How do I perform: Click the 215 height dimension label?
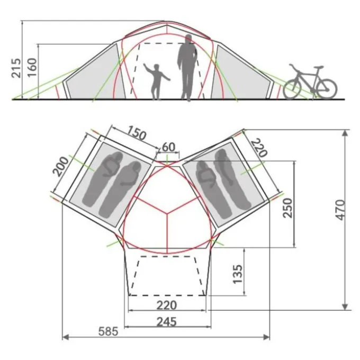coord(16,68)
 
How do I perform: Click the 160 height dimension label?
coord(32,68)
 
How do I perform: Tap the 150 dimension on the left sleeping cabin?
coord(136,133)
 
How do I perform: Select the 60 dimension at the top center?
coord(168,147)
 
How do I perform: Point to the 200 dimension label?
coord(61,167)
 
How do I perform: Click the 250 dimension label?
coord(287,208)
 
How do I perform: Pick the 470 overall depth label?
coord(340,210)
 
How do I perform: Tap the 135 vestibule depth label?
coord(237,274)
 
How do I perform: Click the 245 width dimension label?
coord(167,322)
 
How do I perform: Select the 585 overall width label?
coord(109,331)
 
